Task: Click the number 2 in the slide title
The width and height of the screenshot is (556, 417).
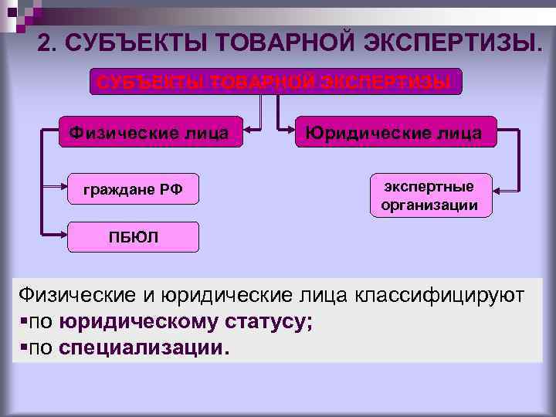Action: [x=46, y=43]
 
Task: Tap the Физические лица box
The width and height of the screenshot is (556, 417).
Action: [x=149, y=133]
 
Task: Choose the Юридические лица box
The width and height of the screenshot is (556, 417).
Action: [x=393, y=133]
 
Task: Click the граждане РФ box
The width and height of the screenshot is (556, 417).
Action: [x=133, y=188]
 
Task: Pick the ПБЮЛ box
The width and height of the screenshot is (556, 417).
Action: [x=133, y=237]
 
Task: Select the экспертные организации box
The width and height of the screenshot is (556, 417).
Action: [x=429, y=195]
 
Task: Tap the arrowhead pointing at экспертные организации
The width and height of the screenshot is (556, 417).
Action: [x=499, y=190]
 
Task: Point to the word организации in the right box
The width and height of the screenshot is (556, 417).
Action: [x=429, y=205]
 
